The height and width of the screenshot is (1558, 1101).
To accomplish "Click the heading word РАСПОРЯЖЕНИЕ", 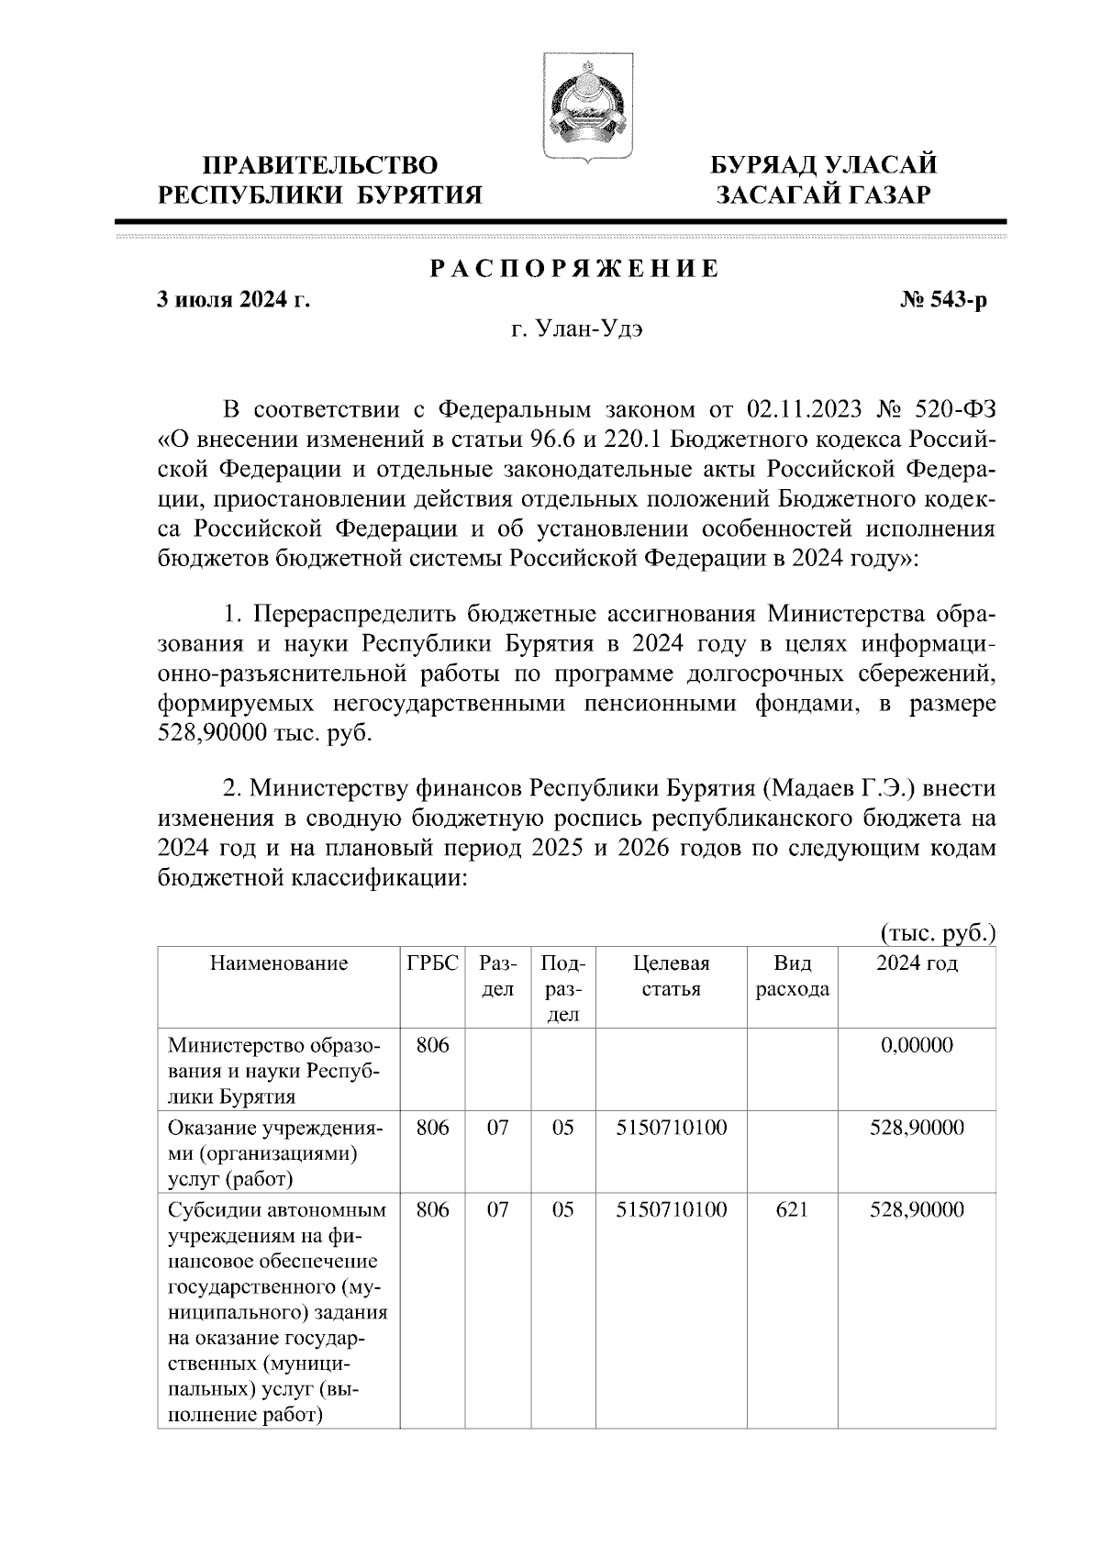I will click(x=575, y=270).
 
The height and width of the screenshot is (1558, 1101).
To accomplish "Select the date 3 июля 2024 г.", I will click(x=233, y=299).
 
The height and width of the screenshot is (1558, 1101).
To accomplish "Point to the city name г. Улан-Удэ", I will click(x=577, y=329).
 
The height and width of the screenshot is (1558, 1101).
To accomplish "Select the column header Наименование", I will click(x=279, y=963).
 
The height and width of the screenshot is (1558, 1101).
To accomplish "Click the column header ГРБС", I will click(x=432, y=963).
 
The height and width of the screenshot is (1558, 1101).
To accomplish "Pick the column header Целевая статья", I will click(x=672, y=976).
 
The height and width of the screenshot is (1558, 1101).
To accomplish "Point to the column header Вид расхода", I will click(x=792, y=976).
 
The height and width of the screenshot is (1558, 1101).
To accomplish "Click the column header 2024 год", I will click(x=917, y=963).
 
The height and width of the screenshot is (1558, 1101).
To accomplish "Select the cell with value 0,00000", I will click(x=917, y=1044).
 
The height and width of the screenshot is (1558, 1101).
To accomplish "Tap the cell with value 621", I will click(x=792, y=1209).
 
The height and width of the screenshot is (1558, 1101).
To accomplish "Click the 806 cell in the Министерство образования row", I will click(x=432, y=1044).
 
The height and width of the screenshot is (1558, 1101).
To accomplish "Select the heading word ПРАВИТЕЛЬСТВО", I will click(x=320, y=165).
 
